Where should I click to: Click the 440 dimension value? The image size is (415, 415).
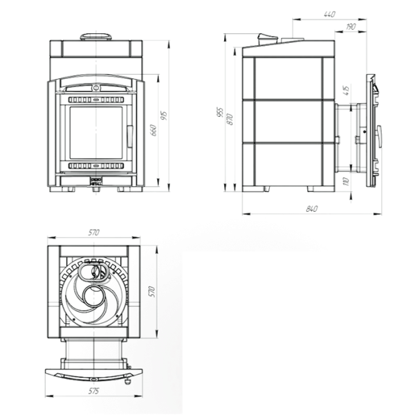click(329, 14)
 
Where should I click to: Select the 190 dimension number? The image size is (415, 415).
click(351, 26)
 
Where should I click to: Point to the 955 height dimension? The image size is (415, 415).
click(220, 112)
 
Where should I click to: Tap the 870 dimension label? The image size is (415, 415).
click(230, 119)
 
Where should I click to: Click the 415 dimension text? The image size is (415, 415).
click(346, 90)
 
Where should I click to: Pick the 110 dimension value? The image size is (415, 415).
click(346, 181)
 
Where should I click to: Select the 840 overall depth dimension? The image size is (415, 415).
click(311, 209)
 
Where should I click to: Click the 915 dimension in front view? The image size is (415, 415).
click(164, 115)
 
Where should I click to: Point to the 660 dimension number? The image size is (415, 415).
click(154, 130)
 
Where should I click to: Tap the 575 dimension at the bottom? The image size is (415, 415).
click(93, 391)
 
